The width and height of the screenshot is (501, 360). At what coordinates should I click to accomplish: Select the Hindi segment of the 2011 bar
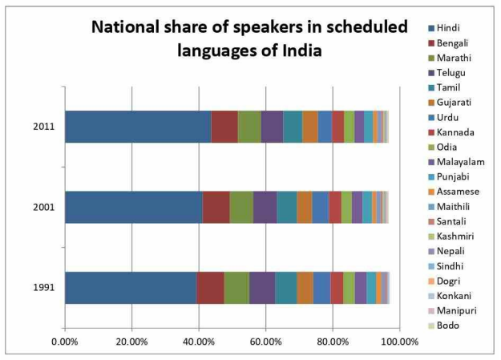click(x=137, y=127)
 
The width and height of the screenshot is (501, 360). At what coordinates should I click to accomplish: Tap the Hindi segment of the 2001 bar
click(x=133, y=207)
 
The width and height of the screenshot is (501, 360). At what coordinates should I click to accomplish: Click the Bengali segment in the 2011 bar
click(x=224, y=127)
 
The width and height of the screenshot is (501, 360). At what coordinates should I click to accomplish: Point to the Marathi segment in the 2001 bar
click(x=241, y=207)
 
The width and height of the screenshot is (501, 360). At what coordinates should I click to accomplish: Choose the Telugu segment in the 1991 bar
click(x=262, y=288)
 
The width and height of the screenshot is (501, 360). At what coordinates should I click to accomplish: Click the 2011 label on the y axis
click(x=44, y=127)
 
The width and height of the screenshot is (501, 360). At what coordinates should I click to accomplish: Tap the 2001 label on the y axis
click(x=44, y=207)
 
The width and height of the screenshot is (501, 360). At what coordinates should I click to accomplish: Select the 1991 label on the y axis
click(x=44, y=288)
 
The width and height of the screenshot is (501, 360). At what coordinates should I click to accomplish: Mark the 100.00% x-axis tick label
click(x=398, y=342)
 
